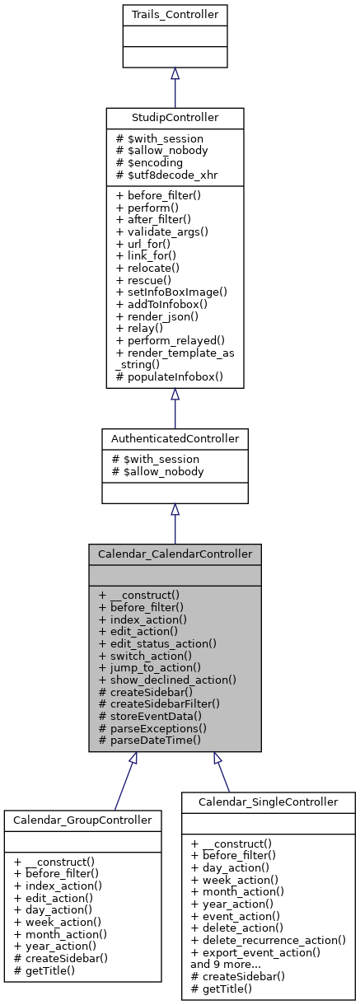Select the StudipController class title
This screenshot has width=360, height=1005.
tap(175, 118)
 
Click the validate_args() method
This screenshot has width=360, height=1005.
tap(157, 232)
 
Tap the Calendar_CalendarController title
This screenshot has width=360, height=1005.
tap(175, 554)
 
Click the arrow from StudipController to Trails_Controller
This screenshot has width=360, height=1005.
tap(175, 86)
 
